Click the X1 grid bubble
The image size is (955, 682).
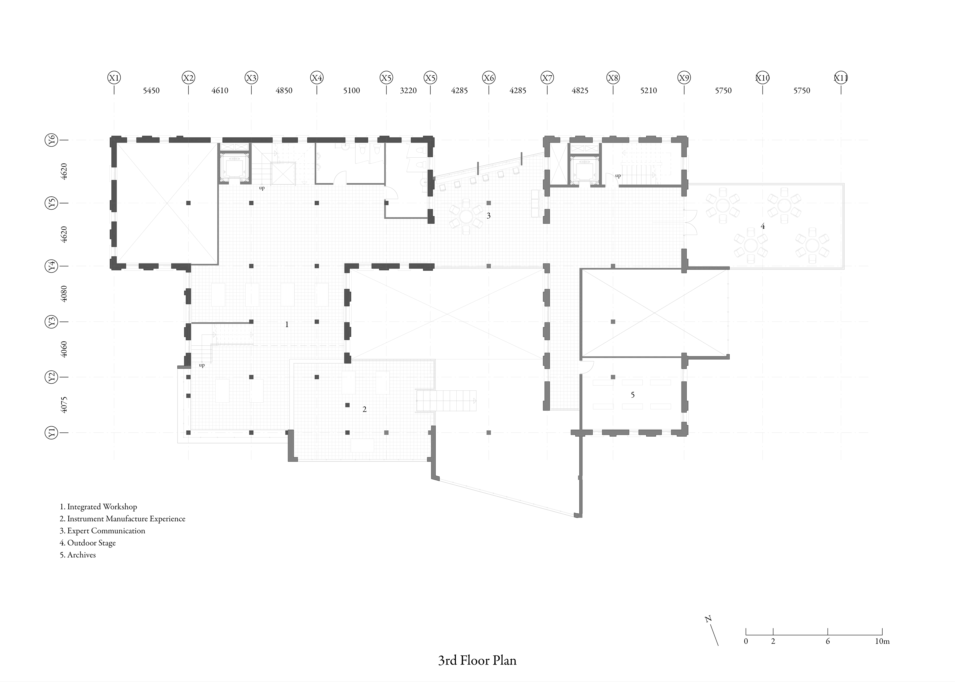[114, 78]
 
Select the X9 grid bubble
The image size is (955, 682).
[684, 78]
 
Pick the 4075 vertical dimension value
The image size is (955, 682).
[64, 405]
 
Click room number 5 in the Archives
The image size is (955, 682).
[632, 395]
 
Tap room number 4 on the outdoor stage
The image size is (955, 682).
[763, 226]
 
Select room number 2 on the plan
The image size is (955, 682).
[365, 409]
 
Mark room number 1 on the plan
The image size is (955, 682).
[287, 324]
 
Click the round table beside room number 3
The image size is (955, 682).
[466, 217]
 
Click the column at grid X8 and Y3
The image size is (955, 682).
[613, 322]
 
